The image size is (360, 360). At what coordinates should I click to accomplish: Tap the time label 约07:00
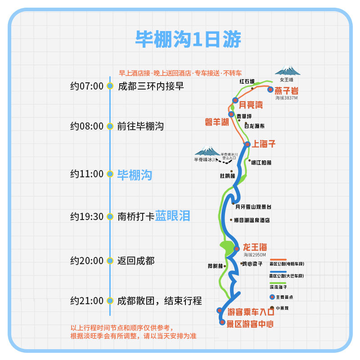pos(87,86)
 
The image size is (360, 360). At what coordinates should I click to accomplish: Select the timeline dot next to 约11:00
pos(110,174)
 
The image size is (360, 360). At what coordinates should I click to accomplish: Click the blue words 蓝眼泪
pos(173,216)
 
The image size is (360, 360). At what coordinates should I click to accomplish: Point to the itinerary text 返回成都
pos(136,261)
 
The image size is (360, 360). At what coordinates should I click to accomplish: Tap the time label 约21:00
pos(87,301)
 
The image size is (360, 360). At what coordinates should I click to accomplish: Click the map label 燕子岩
pos(287,90)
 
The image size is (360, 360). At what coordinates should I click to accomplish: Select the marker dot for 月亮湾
pos(235,100)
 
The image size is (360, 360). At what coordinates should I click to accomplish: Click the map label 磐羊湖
pos(217,122)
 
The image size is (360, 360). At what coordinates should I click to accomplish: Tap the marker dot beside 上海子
pos(247,144)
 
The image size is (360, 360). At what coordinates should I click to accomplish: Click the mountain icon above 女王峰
pos(288,71)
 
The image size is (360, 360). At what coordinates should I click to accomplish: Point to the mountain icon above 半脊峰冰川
pos(207,150)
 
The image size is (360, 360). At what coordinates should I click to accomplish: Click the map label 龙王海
pos(255,247)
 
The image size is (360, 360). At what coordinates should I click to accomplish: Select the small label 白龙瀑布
pos(254,126)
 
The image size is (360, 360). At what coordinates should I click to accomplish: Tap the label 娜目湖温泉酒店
pos(252,220)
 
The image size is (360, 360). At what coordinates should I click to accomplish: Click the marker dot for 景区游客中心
pos(222,322)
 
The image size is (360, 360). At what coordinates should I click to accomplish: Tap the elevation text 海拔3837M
pos(287,98)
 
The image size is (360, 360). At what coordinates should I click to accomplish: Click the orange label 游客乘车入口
pos(251,311)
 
